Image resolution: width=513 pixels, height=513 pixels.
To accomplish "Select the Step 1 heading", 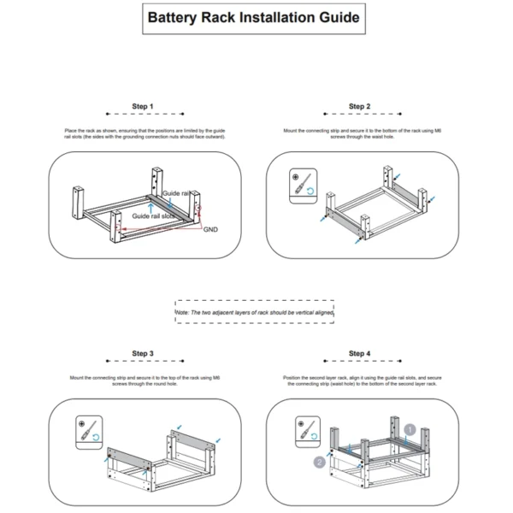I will point(143,107).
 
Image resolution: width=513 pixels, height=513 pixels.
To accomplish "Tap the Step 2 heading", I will point(359,107).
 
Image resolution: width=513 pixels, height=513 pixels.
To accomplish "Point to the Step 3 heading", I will point(143,353).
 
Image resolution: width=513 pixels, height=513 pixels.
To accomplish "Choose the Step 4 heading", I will point(359,353).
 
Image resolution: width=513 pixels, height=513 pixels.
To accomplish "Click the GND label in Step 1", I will point(210,230).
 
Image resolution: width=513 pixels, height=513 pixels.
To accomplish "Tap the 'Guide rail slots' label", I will point(154,217).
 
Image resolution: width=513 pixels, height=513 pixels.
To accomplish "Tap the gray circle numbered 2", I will point(319,462).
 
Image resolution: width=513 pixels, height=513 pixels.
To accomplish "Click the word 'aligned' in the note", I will point(323,314).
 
